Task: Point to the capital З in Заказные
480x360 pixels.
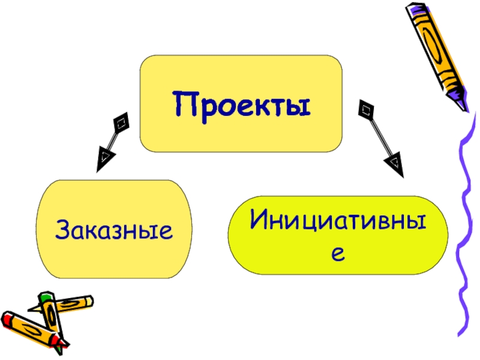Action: coord(62,229)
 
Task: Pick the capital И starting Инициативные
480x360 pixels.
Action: coord(259,221)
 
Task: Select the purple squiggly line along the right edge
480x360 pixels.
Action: coord(465,228)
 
